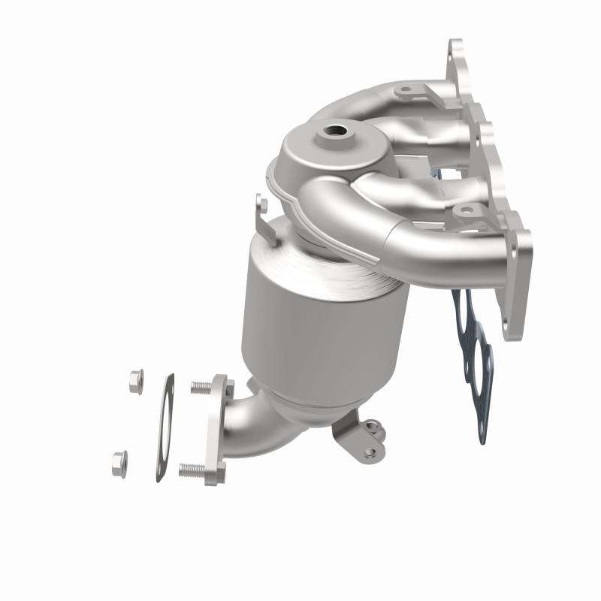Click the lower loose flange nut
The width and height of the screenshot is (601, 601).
[119, 461]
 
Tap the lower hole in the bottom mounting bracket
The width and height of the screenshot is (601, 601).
[370, 452]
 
